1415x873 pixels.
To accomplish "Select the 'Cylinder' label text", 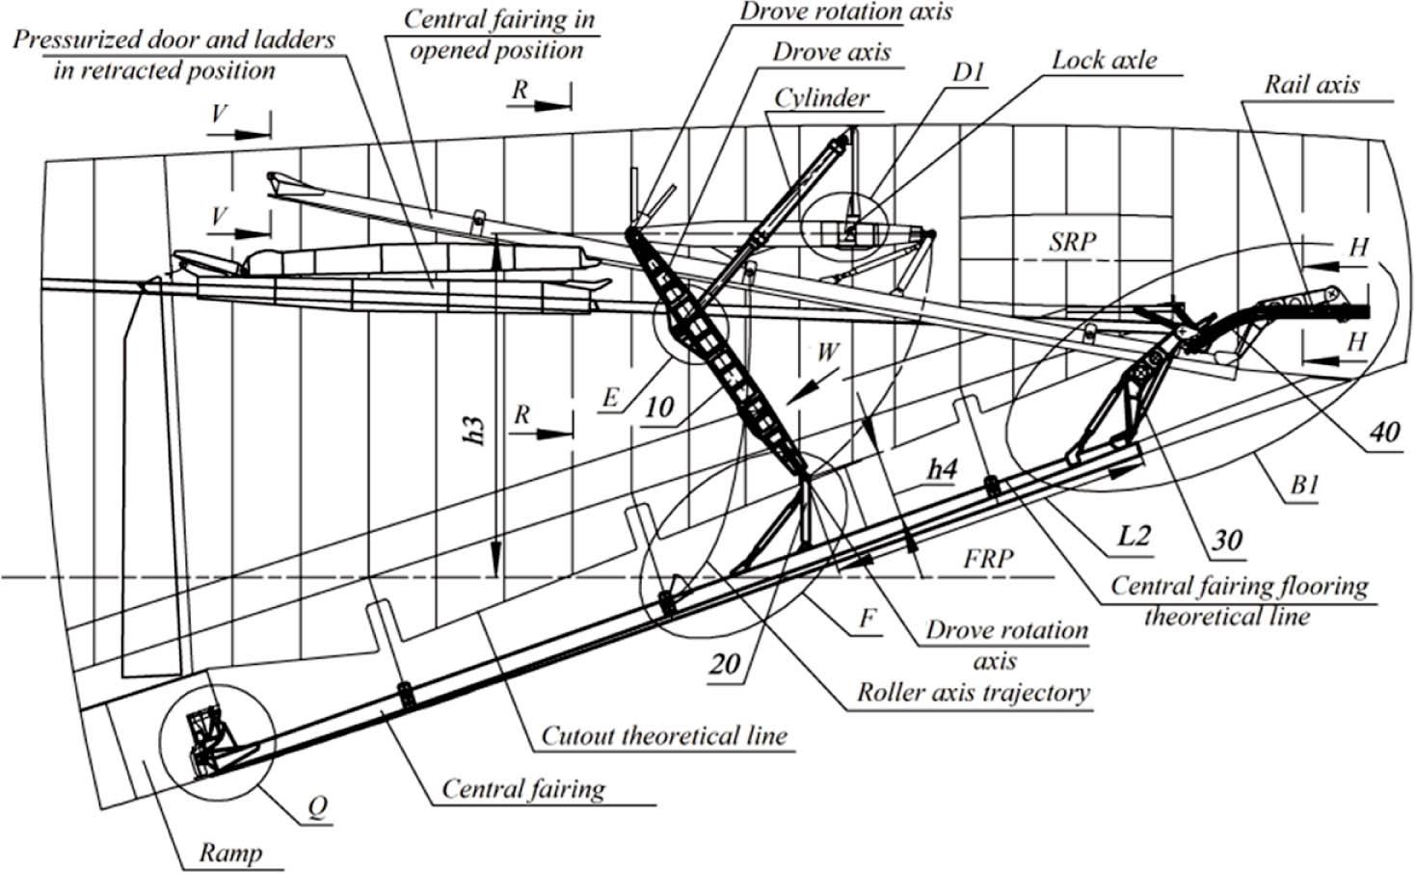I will pyautogui.click(x=821, y=97).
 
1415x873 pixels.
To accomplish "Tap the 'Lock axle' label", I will pyautogui.click(x=1104, y=60).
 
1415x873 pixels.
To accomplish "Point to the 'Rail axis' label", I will pyautogui.click(x=1312, y=84).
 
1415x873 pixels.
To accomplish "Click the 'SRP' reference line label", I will pyautogui.click(x=1072, y=241).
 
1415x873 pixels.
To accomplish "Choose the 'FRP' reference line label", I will pyautogui.click(x=988, y=559).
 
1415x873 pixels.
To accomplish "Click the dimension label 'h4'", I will pyautogui.click(x=942, y=469).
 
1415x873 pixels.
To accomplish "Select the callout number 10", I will pyautogui.click(x=658, y=407).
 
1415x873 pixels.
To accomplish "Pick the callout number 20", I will pyautogui.click(x=725, y=664).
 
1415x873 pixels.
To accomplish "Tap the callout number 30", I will pyautogui.click(x=1226, y=540).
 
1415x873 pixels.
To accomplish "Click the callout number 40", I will pyautogui.click(x=1384, y=433).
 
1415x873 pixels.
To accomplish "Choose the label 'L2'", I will pyautogui.click(x=1134, y=534).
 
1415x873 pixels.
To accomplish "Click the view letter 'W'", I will pyautogui.click(x=827, y=353).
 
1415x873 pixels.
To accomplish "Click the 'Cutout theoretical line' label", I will pyautogui.click(x=663, y=735).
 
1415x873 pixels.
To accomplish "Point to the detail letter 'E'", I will pyautogui.click(x=609, y=397).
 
